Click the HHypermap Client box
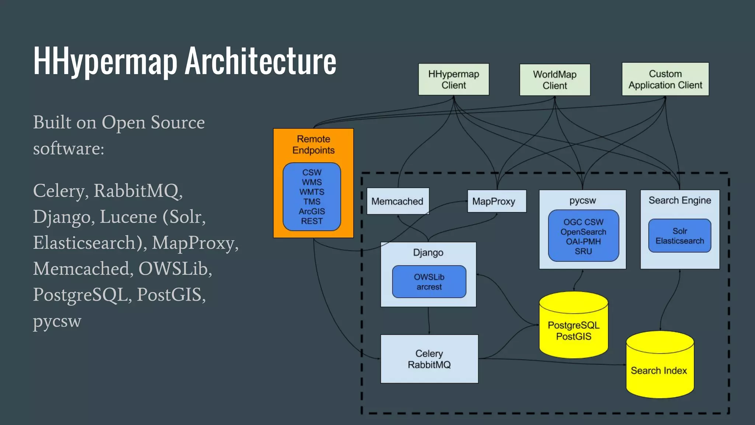453,79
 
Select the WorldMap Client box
554,80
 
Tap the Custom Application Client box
665,79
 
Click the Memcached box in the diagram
397,201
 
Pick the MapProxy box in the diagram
496,201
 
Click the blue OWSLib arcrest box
429,281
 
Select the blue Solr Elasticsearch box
679,236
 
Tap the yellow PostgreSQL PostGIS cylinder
573,330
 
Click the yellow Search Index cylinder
659,370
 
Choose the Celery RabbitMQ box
429,359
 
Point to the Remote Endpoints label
313,145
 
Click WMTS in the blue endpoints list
312,192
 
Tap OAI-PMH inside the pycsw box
583,242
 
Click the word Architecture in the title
260,61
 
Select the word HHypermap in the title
105,61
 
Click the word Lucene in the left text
128,217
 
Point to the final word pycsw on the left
57,321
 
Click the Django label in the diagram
428,253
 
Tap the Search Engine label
679,200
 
